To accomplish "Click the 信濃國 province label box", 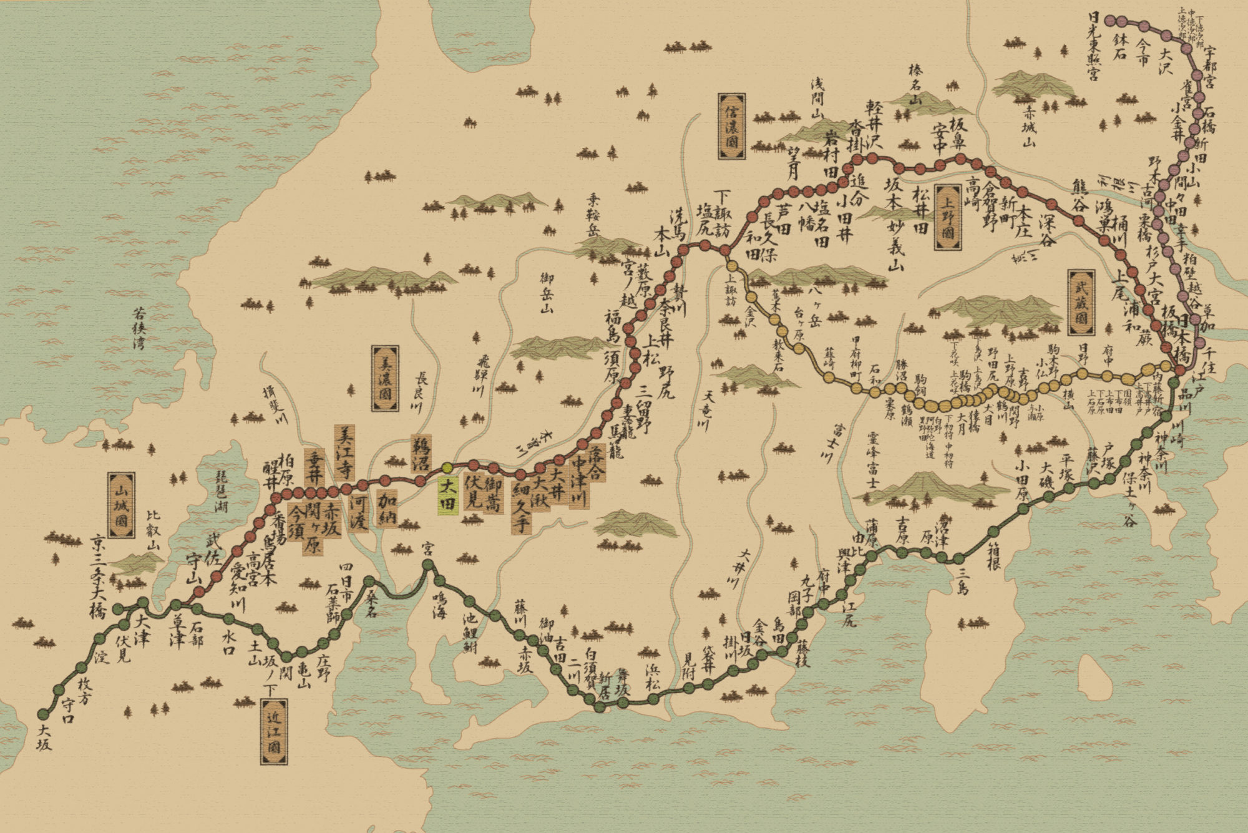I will click(x=731, y=127).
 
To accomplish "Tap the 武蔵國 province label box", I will click(x=1081, y=303).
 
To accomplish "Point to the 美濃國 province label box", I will click(x=385, y=378).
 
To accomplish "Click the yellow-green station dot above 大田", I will click(x=447, y=467).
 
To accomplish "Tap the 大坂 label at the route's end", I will click(x=44, y=737).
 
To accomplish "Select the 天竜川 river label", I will click(x=707, y=411).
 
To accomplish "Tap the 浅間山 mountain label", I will click(x=817, y=99).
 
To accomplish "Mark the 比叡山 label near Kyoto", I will click(x=154, y=530).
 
